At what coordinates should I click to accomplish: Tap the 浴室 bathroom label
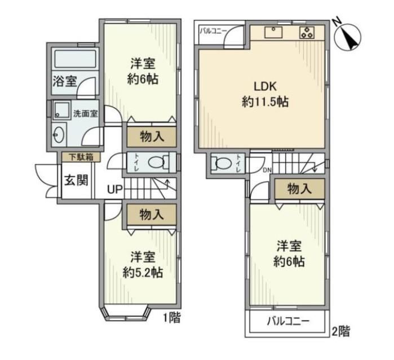[x=65, y=81]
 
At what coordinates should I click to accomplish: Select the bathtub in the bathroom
[x=75, y=59]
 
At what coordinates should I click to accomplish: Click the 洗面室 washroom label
[x=86, y=114]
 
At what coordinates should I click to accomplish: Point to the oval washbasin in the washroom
[x=59, y=135]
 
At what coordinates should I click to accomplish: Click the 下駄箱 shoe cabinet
[x=81, y=157]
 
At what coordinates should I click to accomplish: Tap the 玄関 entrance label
[x=76, y=180]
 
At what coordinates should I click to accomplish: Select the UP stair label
[x=115, y=189]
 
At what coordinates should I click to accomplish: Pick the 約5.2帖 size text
[x=143, y=273]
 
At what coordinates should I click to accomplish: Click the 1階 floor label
[x=172, y=318]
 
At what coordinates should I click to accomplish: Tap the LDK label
[x=265, y=86]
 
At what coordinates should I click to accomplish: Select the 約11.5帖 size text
[x=265, y=102]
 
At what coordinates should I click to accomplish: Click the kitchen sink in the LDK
[x=273, y=33]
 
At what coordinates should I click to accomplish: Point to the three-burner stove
[x=307, y=33]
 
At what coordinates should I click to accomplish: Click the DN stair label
[x=267, y=170]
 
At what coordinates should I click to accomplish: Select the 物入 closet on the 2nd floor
[x=299, y=188]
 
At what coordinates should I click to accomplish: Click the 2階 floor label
[x=340, y=331]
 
